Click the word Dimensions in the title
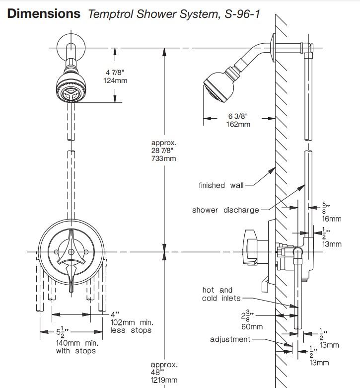[44, 13]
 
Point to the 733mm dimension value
[164, 158]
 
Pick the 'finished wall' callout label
[220, 185]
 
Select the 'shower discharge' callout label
[225, 210]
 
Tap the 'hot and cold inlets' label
[221, 294]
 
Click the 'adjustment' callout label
[230, 339]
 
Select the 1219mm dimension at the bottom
[164, 380]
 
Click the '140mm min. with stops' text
[77, 347]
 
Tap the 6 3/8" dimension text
[238, 116]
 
